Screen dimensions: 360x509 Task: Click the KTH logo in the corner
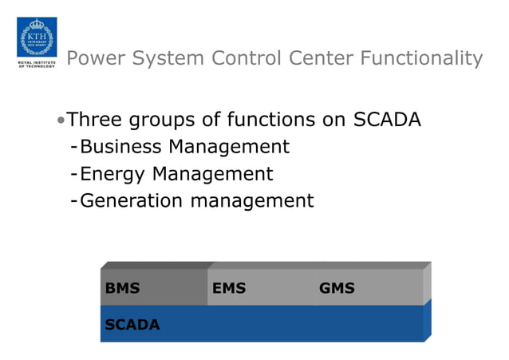[37, 37]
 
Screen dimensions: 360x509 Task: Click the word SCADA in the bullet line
[387, 121]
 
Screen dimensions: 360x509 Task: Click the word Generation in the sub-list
[132, 201]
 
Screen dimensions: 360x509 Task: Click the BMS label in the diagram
[122, 288]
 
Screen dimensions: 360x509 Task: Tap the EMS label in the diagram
[229, 288]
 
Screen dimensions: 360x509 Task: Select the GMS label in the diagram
[337, 288]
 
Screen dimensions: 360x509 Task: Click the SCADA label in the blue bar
[132, 325]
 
